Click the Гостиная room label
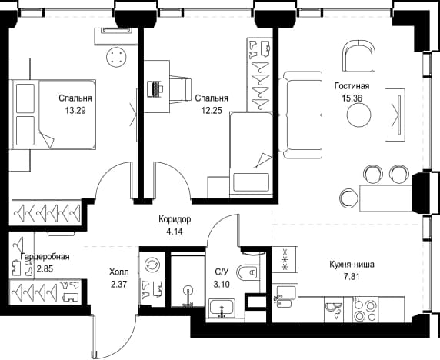coord(352,86)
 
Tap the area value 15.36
coord(352,98)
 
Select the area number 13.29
coord(75,111)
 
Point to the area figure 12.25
coord(212,111)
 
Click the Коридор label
coord(175,219)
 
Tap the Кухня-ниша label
coord(352,265)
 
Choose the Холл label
coord(119,272)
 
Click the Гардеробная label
coord(45,256)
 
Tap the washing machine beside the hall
coord(152,265)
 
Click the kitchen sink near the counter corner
coord(285,297)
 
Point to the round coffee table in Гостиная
coord(359,115)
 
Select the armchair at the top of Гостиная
coord(359,57)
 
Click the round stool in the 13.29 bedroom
coord(116,57)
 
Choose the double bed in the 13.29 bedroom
coord(53,114)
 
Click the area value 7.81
coord(352,277)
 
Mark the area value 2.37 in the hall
coord(119,285)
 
